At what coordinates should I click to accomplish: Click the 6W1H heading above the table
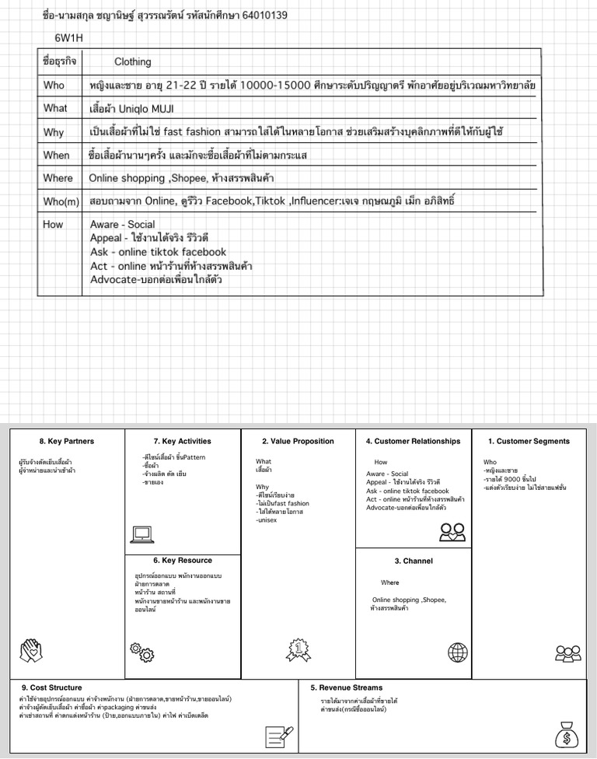tap(69, 37)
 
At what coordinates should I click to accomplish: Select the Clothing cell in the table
tap(132, 61)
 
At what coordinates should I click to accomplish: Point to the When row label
tap(56, 155)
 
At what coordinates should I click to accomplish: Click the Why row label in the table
tap(54, 131)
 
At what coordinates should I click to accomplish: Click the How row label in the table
tap(53, 224)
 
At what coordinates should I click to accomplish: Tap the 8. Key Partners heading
tap(66, 441)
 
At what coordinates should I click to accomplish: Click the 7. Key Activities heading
tap(182, 441)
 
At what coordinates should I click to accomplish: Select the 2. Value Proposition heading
tap(298, 441)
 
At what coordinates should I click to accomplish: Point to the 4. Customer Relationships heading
tap(413, 441)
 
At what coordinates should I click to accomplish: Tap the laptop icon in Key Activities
tap(143, 534)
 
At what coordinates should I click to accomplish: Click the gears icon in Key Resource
tap(141, 652)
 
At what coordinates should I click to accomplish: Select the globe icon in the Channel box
tap(458, 652)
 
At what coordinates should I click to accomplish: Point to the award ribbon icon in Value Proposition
tap(298, 648)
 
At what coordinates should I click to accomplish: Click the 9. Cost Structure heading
tap(51, 687)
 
